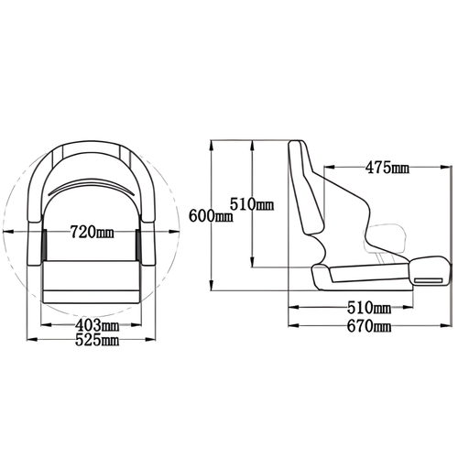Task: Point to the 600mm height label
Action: pos(210,215)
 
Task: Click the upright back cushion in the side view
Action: pos(305,188)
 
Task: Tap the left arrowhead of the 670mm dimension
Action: pos(291,326)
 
